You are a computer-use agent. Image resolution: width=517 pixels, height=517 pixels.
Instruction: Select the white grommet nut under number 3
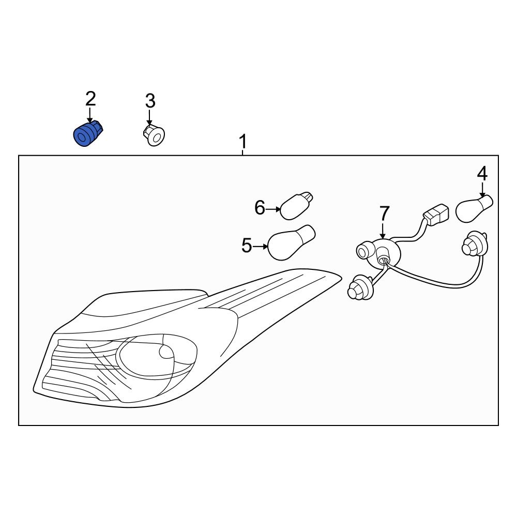click(x=154, y=134)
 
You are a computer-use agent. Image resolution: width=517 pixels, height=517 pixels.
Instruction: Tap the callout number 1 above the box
click(x=242, y=142)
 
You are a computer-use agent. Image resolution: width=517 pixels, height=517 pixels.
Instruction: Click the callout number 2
click(x=90, y=99)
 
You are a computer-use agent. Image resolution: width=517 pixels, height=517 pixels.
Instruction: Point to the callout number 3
click(x=150, y=101)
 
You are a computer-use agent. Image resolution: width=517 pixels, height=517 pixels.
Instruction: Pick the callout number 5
click(x=247, y=246)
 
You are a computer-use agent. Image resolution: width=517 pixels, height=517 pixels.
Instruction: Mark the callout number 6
click(x=260, y=208)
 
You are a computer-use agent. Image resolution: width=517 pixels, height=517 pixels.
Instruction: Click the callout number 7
click(x=385, y=214)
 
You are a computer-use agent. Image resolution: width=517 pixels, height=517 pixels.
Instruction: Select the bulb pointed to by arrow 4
click(x=474, y=208)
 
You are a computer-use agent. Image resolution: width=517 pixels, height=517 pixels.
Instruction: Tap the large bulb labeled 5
click(x=292, y=242)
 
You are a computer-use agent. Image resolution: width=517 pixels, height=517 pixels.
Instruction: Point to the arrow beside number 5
click(x=261, y=246)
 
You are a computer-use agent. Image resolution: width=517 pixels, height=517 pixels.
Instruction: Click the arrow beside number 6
click(x=273, y=209)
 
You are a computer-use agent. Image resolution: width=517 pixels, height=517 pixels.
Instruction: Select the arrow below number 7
click(x=383, y=231)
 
